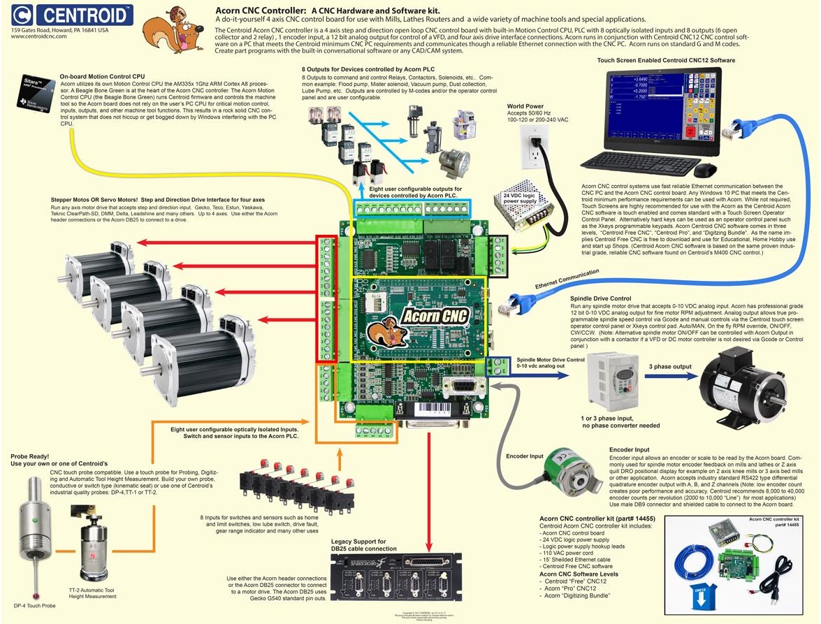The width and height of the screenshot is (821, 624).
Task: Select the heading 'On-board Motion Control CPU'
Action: [102, 75]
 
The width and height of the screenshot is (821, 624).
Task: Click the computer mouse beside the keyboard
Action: [704, 170]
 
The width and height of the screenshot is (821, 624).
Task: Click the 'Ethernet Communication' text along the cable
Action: [567, 279]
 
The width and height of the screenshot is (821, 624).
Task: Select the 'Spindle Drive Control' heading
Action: [602, 298]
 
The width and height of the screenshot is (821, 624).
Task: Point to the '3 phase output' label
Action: [669, 367]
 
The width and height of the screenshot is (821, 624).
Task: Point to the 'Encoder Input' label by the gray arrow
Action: [525, 456]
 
